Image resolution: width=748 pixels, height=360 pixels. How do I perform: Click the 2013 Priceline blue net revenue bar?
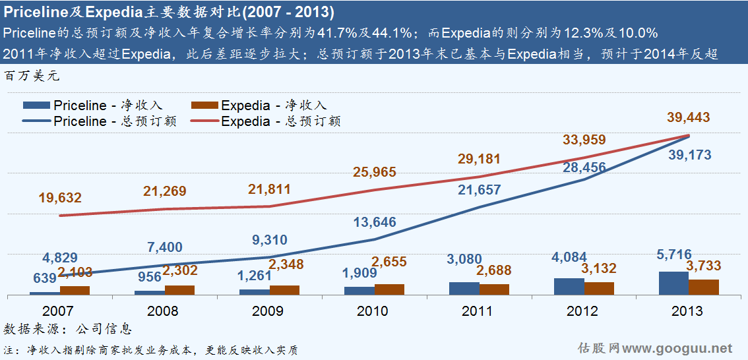[673, 284]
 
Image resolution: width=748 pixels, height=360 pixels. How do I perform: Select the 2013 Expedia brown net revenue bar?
[703, 287]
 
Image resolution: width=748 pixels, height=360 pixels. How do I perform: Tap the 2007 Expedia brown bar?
[75, 290]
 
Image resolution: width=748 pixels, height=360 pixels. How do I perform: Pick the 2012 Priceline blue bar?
[569, 287]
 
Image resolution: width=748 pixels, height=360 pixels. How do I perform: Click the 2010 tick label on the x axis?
[373, 311]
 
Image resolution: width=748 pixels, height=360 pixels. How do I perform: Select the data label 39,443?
[688, 117]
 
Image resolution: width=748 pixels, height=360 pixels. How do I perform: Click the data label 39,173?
[688, 155]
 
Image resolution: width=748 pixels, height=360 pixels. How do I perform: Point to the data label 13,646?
[374, 222]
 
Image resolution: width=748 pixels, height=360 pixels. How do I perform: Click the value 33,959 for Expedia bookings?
[584, 140]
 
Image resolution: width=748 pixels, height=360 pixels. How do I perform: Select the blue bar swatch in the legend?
[36, 105]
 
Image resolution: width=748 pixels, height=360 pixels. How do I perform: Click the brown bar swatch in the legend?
[204, 105]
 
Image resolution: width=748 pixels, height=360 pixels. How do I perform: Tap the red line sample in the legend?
[204, 121]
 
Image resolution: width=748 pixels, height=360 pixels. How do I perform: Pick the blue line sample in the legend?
[36, 121]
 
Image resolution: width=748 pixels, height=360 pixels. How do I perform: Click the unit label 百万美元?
[31, 76]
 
